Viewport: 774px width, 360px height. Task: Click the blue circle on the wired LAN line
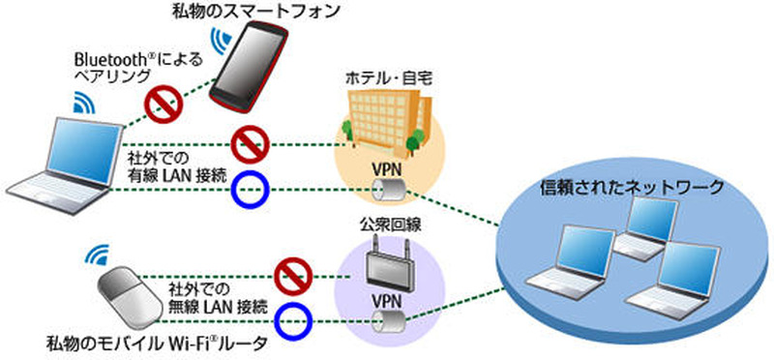coord(249,190)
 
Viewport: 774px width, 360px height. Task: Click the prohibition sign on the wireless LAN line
coord(289,275)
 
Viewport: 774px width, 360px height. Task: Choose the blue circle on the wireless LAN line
coord(289,318)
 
